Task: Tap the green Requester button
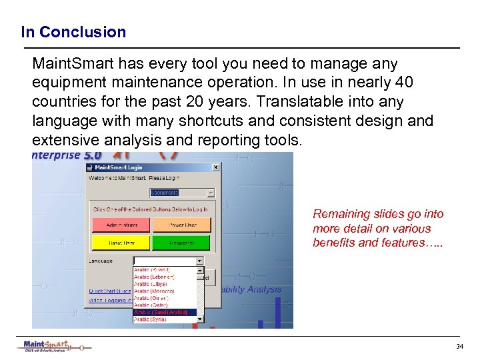[x=181, y=243]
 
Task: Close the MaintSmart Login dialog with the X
[x=215, y=167]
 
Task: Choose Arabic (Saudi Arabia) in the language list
[x=165, y=312]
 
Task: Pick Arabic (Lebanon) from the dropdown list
[x=154, y=277]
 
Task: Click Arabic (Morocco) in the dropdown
[x=154, y=291]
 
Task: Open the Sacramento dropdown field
[x=181, y=193]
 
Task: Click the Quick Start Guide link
[x=109, y=291]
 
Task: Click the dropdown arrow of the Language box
[x=199, y=261]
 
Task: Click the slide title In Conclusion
[x=73, y=32]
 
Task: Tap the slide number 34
[x=459, y=347]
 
